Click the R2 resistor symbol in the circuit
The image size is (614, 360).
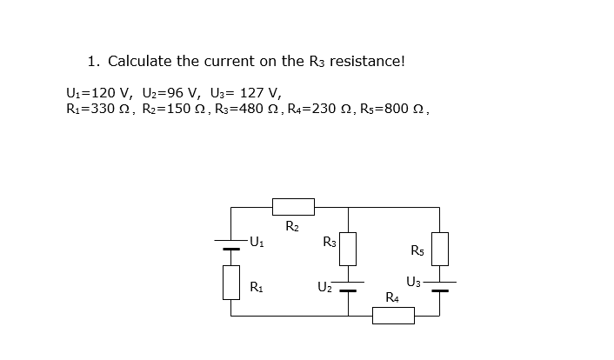[x=293, y=207]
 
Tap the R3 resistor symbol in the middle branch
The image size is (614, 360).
[x=348, y=249]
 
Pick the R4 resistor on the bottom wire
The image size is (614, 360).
[x=394, y=316]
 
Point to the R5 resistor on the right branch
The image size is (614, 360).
[x=439, y=249]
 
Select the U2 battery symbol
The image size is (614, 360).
[x=348, y=286]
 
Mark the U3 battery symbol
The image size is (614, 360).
[x=439, y=286]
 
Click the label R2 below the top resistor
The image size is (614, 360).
[x=293, y=227]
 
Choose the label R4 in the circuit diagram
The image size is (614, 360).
[x=393, y=298]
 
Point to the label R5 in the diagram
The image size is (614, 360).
[x=417, y=251]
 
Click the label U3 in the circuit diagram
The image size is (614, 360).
[x=414, y=280]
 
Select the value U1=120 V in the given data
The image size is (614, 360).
[x=98, y=92]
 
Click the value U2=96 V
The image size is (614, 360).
[x=171, y=92]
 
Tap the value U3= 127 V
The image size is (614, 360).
[x=244, y=92]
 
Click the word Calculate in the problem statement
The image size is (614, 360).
[x=139, y=62]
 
